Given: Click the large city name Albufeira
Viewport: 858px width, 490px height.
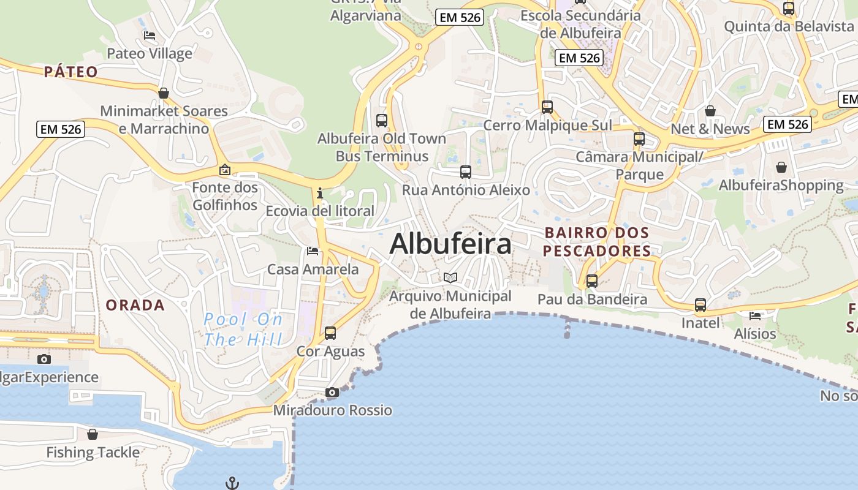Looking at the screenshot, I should [x=450, y=244].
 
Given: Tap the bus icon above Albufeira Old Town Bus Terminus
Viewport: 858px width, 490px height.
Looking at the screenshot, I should [x=382, y=120].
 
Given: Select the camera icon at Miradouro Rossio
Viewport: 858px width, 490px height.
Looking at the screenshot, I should [x=332, y=392].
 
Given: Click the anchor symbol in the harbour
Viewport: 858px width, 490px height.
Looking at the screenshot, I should [x=232, y=484].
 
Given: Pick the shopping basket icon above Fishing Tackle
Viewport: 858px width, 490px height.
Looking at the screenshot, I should [x=93, y=434].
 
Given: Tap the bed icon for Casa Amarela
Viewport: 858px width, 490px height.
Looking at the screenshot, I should [x=313, y=251].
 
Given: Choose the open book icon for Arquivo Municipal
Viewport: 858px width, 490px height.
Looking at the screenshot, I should [x=450, y=278].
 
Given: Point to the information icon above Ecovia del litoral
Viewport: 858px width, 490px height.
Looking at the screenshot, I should [x=319, y=194].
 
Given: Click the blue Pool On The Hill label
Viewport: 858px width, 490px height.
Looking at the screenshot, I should [x=243, y=329].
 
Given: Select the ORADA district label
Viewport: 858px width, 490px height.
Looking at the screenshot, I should [x=135, y=305].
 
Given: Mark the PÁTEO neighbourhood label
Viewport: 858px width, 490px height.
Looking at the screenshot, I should [x=71, y=72].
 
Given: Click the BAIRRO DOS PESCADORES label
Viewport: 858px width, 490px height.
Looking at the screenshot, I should [x=596, y=242].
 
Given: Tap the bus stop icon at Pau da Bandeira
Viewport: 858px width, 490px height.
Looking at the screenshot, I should [x=592, y=281].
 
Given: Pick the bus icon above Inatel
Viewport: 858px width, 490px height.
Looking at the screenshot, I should [x=700, y=304].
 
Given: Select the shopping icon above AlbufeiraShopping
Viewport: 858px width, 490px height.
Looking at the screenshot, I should [x=781, y=167].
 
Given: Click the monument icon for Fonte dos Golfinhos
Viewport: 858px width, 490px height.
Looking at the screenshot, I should [x=225, y=170].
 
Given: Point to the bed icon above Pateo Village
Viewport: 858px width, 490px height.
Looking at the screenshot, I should [x=150, y=36].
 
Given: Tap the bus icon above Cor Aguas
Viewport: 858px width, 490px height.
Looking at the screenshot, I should [x=330, y=333].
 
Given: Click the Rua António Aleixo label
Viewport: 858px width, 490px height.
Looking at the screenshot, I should [x=466, y=190].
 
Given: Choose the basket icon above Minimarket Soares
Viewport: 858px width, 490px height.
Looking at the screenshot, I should [x=164, y=93].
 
